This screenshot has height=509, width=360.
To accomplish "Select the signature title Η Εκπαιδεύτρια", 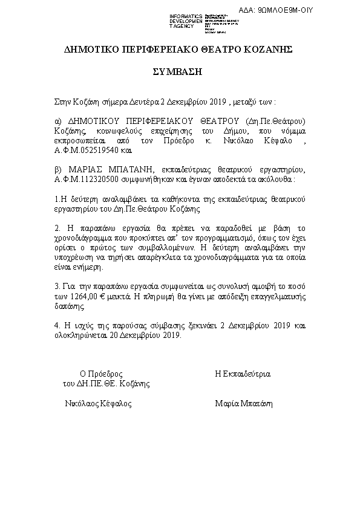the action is click(243, 374).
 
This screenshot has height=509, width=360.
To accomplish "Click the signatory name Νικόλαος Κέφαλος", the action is click(98, 403).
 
